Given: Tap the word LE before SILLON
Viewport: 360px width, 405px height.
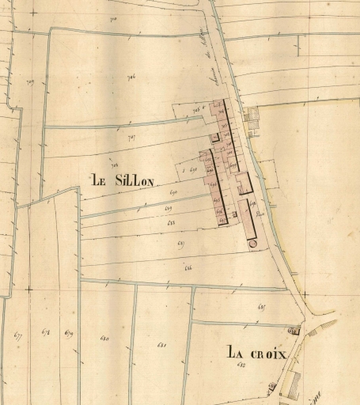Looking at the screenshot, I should (99, 180).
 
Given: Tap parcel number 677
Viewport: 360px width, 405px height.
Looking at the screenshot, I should (18, 335).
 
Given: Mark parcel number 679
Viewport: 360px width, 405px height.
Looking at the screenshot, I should (69, 333).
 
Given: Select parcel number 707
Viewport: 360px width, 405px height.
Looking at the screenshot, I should (131, 138).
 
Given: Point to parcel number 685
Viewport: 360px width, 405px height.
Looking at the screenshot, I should (262, 306).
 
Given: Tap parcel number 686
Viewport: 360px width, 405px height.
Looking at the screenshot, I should (188, 270).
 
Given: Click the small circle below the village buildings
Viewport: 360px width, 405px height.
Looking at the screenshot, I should (252, 243).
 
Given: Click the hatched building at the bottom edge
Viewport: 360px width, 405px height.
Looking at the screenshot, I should (290, 387).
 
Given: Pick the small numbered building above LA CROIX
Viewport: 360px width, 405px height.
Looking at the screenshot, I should (295, 327).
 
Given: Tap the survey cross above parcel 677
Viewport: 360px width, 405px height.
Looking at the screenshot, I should (28, 290).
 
